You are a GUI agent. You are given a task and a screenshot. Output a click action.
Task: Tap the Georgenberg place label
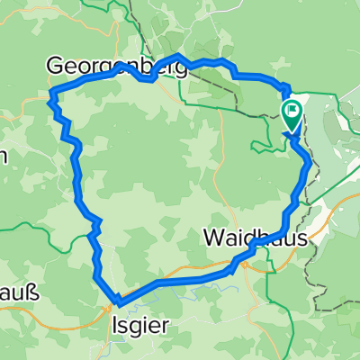tap(117, 66)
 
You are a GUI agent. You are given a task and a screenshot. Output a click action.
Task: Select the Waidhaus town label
tap(255, 239)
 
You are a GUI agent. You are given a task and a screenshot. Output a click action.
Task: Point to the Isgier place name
tap(139, 326)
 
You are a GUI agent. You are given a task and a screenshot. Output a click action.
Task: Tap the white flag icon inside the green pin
tap(292, 112)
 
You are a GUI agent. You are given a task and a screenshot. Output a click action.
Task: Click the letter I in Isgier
tap(114, 326)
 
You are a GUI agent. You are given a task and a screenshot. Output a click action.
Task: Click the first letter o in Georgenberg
tap(85, 67)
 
